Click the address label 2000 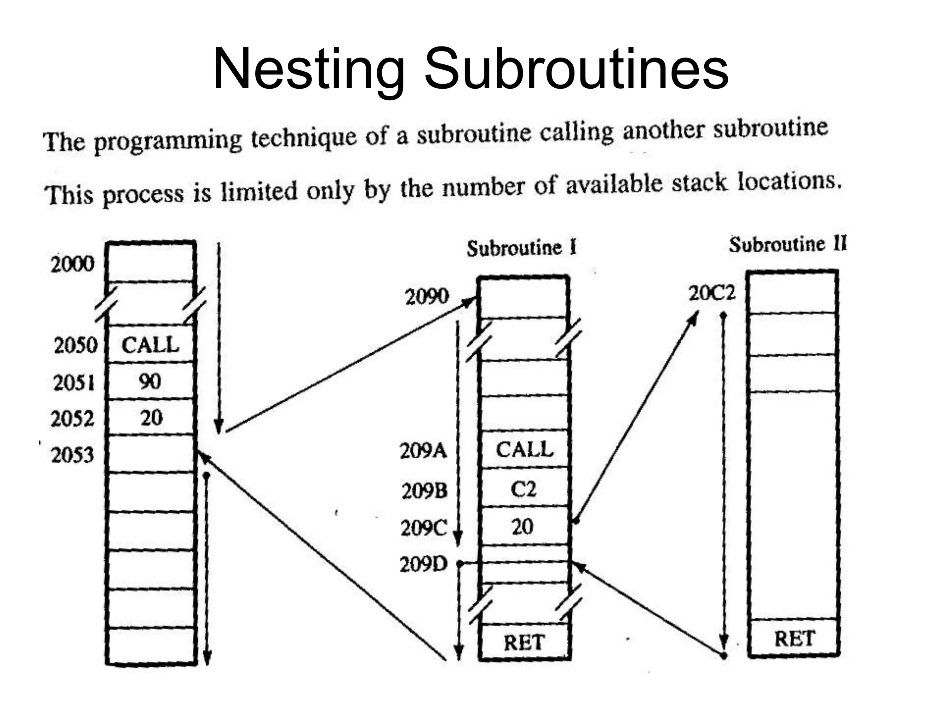(x=72, y=264)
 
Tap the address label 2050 (x=75, y=345)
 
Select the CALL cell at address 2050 (x=150, y=345)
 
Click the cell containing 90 (x=150, y=381)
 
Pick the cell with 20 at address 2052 (x=151, y=418)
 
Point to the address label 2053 (x=72, y=455)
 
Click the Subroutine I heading (x=522, y=248)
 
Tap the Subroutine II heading (x=787, y=244)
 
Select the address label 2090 (x=427, y=296)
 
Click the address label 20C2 (x=712, y=293)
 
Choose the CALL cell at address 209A (x=524, y=449)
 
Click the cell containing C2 (x=523, y=489)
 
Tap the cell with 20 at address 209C (x=523, y=526)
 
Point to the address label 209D (x=424, y=564)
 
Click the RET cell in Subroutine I (x=524, y=642)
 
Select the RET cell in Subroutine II (x=794, y=638)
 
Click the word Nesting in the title (x=309, y=69)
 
